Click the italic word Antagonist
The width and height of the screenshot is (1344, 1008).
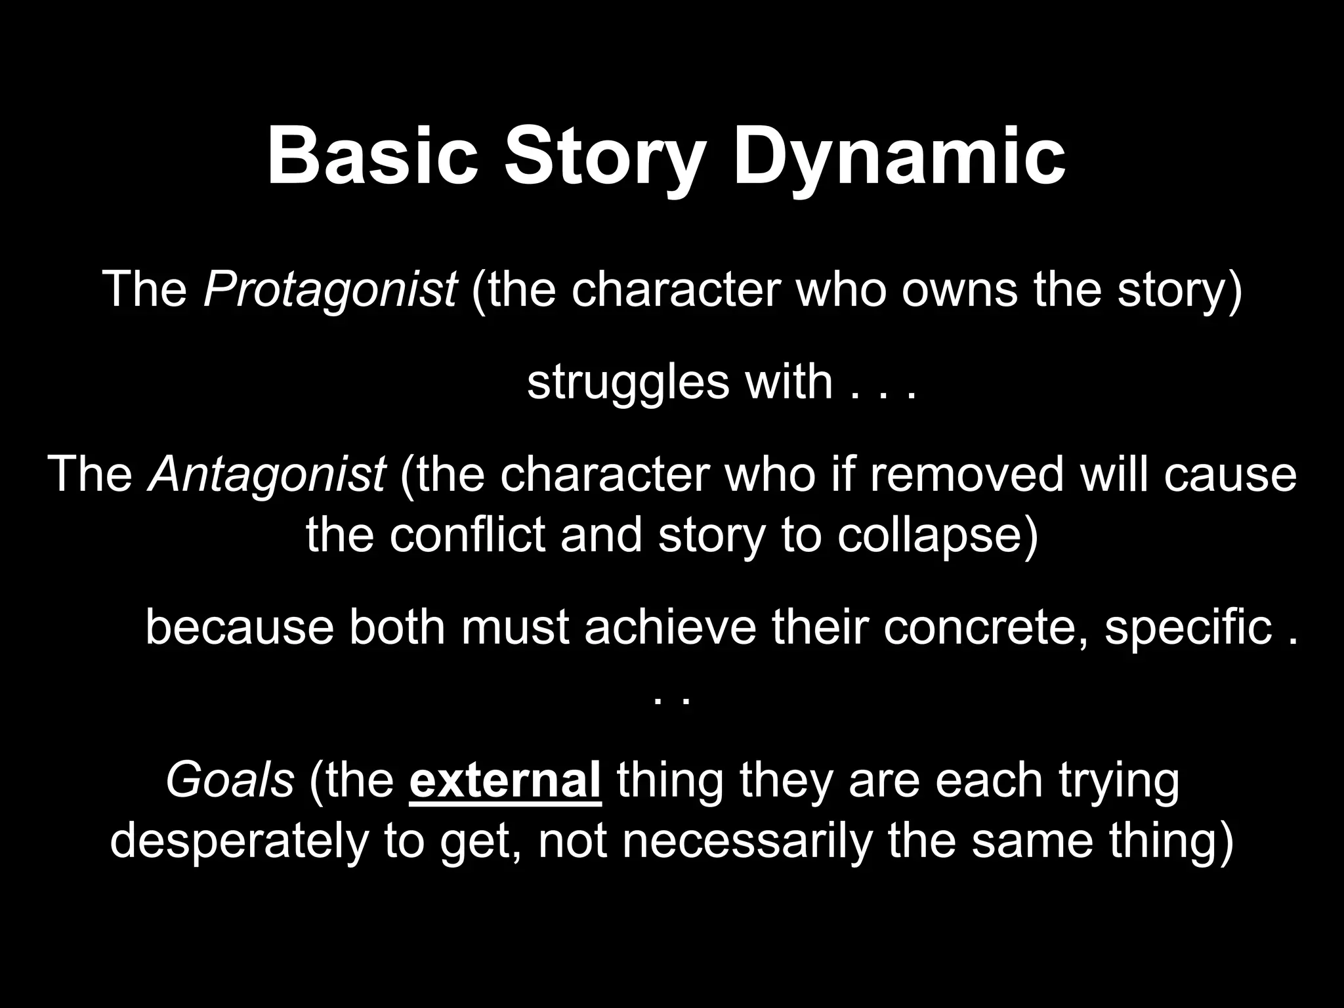(266, 474)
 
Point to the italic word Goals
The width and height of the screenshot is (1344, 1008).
(230, 781)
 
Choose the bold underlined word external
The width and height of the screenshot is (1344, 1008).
(505, 781)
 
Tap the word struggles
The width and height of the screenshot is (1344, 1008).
(627, 382)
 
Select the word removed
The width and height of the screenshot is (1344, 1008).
(966, 474)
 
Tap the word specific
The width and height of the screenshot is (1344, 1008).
(1188, 627)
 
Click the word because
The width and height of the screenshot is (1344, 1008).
(240, 627)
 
